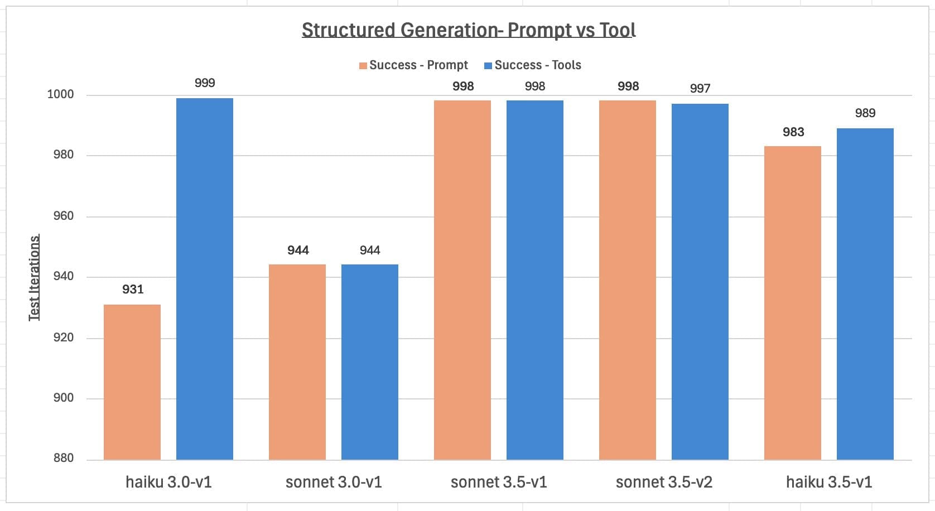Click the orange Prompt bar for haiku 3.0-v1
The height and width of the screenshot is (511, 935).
pos(132,382)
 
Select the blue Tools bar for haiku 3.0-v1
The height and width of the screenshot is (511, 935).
pos(205,279)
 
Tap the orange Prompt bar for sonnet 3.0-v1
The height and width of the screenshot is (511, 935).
pos(297,362)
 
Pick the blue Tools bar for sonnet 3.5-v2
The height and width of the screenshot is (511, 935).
pos(700,282)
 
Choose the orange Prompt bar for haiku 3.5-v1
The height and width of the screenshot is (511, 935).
pos(793,303)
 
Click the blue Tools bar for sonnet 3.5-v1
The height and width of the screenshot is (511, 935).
pos(535,280)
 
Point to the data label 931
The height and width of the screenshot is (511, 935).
pos(133,290)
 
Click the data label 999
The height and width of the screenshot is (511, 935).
pos(205,83)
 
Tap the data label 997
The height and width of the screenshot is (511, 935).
pos(700,89)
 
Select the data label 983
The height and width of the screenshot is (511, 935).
pos(793,132)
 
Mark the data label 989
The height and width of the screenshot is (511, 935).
pos(865,113)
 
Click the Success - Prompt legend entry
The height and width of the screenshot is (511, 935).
pos(413,65)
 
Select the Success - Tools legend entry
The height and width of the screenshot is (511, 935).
pos(533,65)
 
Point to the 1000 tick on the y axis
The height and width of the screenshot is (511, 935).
pos(60,94)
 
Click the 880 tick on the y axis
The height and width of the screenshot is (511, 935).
pos(64,458)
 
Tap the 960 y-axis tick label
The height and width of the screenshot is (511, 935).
pos(64,216)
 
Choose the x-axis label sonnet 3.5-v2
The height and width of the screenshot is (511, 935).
pos(664,482)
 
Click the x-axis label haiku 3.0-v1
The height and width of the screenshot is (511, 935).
pos(168,482)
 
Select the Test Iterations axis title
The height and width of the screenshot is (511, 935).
pos(35,278)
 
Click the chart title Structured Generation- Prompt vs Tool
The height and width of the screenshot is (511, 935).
pos(469,30)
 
